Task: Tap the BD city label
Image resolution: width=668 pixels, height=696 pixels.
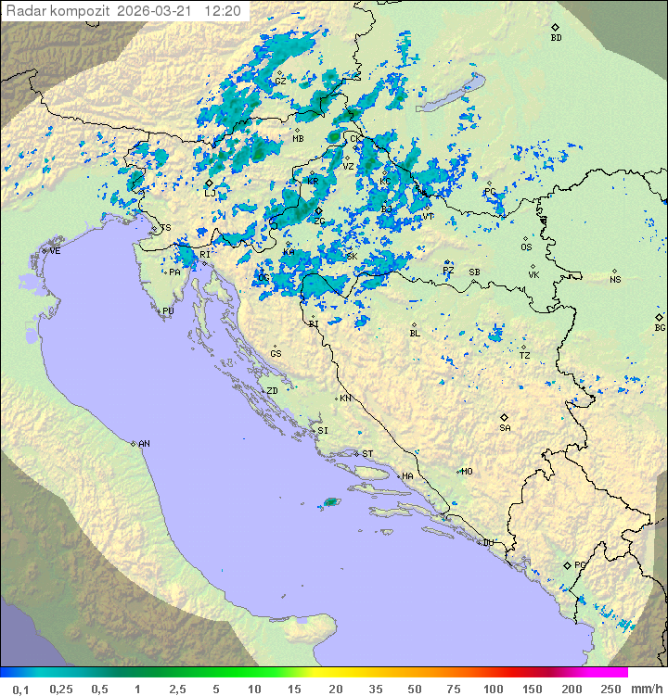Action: (556, 38)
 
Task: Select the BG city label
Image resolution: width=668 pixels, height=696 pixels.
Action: (660, 328)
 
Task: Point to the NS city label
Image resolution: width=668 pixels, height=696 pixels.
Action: (615, 280)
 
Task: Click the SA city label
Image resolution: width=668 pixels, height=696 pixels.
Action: (505, 428)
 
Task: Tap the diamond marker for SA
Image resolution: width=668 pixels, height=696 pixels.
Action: (505, 417)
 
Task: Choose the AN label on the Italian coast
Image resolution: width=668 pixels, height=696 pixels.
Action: (144, 444)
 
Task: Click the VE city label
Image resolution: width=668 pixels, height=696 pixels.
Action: (55, 251)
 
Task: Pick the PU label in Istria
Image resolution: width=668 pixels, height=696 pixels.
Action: (168, 311)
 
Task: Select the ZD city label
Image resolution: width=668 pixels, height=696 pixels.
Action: (272, 391)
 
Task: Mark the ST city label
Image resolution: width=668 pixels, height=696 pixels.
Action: (367, 454)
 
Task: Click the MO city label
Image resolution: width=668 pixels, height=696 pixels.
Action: (467, 472)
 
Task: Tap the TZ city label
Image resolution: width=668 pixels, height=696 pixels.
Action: (524, 356)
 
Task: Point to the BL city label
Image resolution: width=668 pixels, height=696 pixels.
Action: (415, 334)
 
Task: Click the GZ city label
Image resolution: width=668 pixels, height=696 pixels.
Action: (280, 81)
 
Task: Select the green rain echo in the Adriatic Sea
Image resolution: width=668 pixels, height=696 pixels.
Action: (329, 502)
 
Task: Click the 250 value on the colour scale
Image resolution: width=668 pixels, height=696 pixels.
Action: (610, 688)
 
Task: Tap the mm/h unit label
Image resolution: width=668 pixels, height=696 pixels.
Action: (646, 688)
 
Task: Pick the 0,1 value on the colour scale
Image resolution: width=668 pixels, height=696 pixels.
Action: (20, 688)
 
